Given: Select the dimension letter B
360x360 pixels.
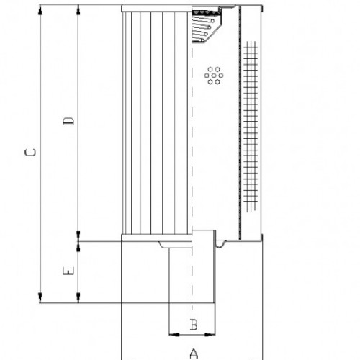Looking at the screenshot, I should pos(193,325).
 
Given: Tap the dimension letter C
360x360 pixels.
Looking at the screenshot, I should pos(29,153).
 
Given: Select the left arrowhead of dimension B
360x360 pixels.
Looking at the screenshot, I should pos(171,333).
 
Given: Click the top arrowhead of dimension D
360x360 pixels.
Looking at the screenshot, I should pos(78,10).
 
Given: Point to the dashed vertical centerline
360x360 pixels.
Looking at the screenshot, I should pos(192,144).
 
